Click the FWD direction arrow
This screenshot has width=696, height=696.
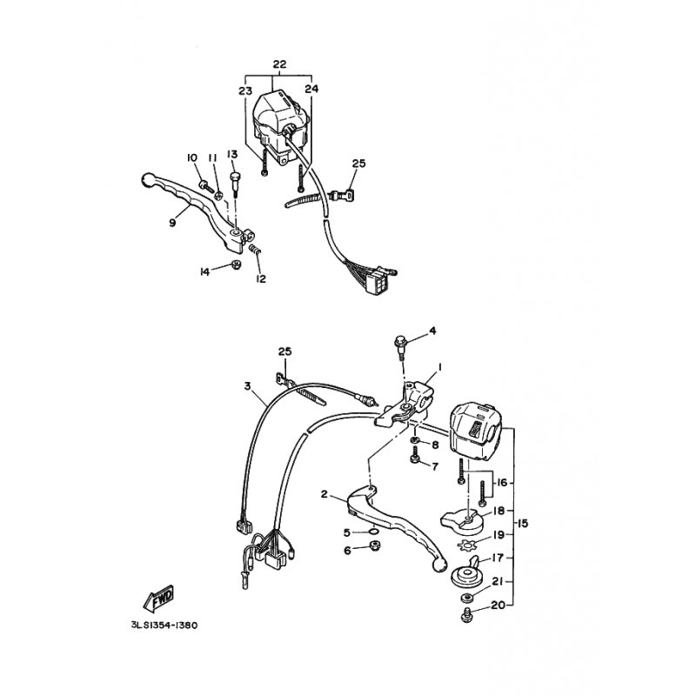158,599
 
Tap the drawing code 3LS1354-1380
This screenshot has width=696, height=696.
164,626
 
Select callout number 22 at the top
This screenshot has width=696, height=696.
279,64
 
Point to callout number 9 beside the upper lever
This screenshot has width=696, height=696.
172,223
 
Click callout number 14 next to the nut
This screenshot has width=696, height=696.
204,271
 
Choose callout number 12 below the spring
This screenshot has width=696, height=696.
260,278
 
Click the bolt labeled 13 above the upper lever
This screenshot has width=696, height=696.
234,186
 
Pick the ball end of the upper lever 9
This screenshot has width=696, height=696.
147,179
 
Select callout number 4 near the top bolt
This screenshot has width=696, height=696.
432,331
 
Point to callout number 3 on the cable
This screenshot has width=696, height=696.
248,386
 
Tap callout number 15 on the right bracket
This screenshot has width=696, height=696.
523,524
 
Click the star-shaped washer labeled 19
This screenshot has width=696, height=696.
467,543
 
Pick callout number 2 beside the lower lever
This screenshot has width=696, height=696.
324,494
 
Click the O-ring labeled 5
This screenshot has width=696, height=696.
374,531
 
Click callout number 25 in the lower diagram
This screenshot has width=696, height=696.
285,351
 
